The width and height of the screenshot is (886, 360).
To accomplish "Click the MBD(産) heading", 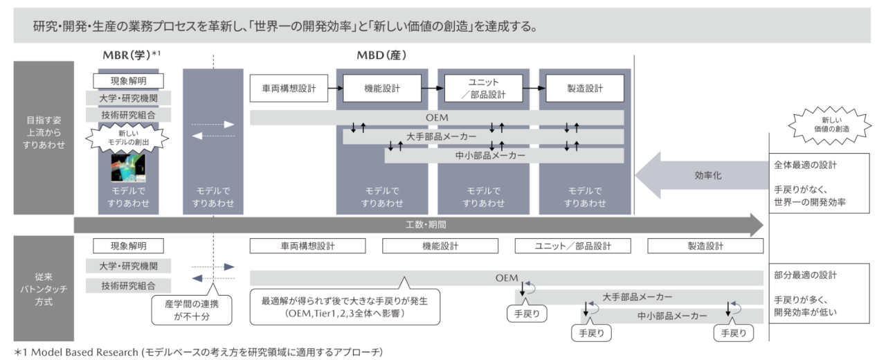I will [381, 55].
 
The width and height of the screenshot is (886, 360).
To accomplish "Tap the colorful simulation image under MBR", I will [129, 167].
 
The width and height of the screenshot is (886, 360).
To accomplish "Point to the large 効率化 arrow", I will [699, 176].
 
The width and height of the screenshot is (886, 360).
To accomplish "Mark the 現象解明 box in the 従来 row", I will [128, 245].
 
